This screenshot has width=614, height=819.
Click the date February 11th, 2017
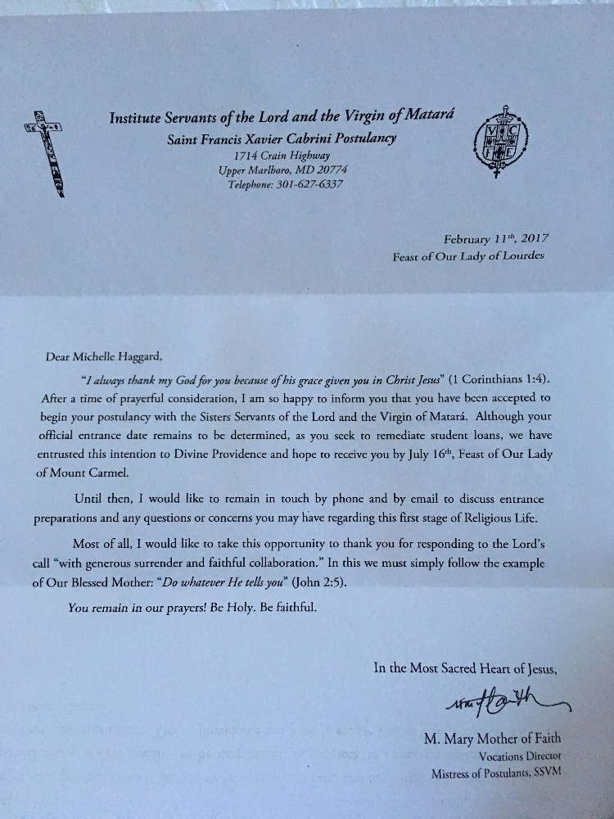pyautogui.click(x=496, y=239)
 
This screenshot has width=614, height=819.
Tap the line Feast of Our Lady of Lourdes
pyautogui.click(x=470, y=256)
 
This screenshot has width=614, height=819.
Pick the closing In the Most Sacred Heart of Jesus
pyautogui.click(x=466, y=667)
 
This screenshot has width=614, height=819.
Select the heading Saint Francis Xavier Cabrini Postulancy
pyautogui.click(x=282, y=138)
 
